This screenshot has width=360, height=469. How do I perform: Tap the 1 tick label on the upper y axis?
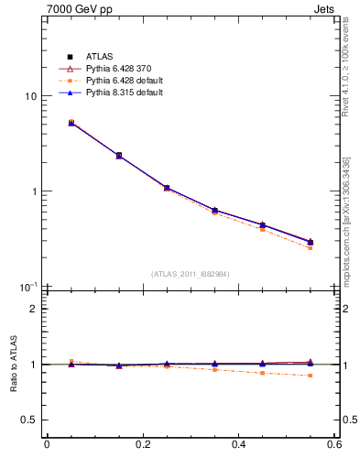pyautogui.click(x=34, y=191)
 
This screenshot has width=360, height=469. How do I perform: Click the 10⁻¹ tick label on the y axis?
pyautogui.click(x=28, y=287)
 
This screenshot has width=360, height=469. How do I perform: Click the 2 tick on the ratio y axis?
pyautogui.click(x=34, y=309)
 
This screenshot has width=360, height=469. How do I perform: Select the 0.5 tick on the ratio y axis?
pyautogui.click(x=29, y=420)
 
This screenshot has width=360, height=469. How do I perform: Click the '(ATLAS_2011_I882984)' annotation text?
pyautogui.click(x=190, y=274)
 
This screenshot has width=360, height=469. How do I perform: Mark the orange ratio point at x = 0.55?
pyautogui.click(x=310, y=376)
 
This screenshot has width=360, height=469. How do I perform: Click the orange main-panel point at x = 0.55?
pyautogui.click(x=310, y=248)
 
